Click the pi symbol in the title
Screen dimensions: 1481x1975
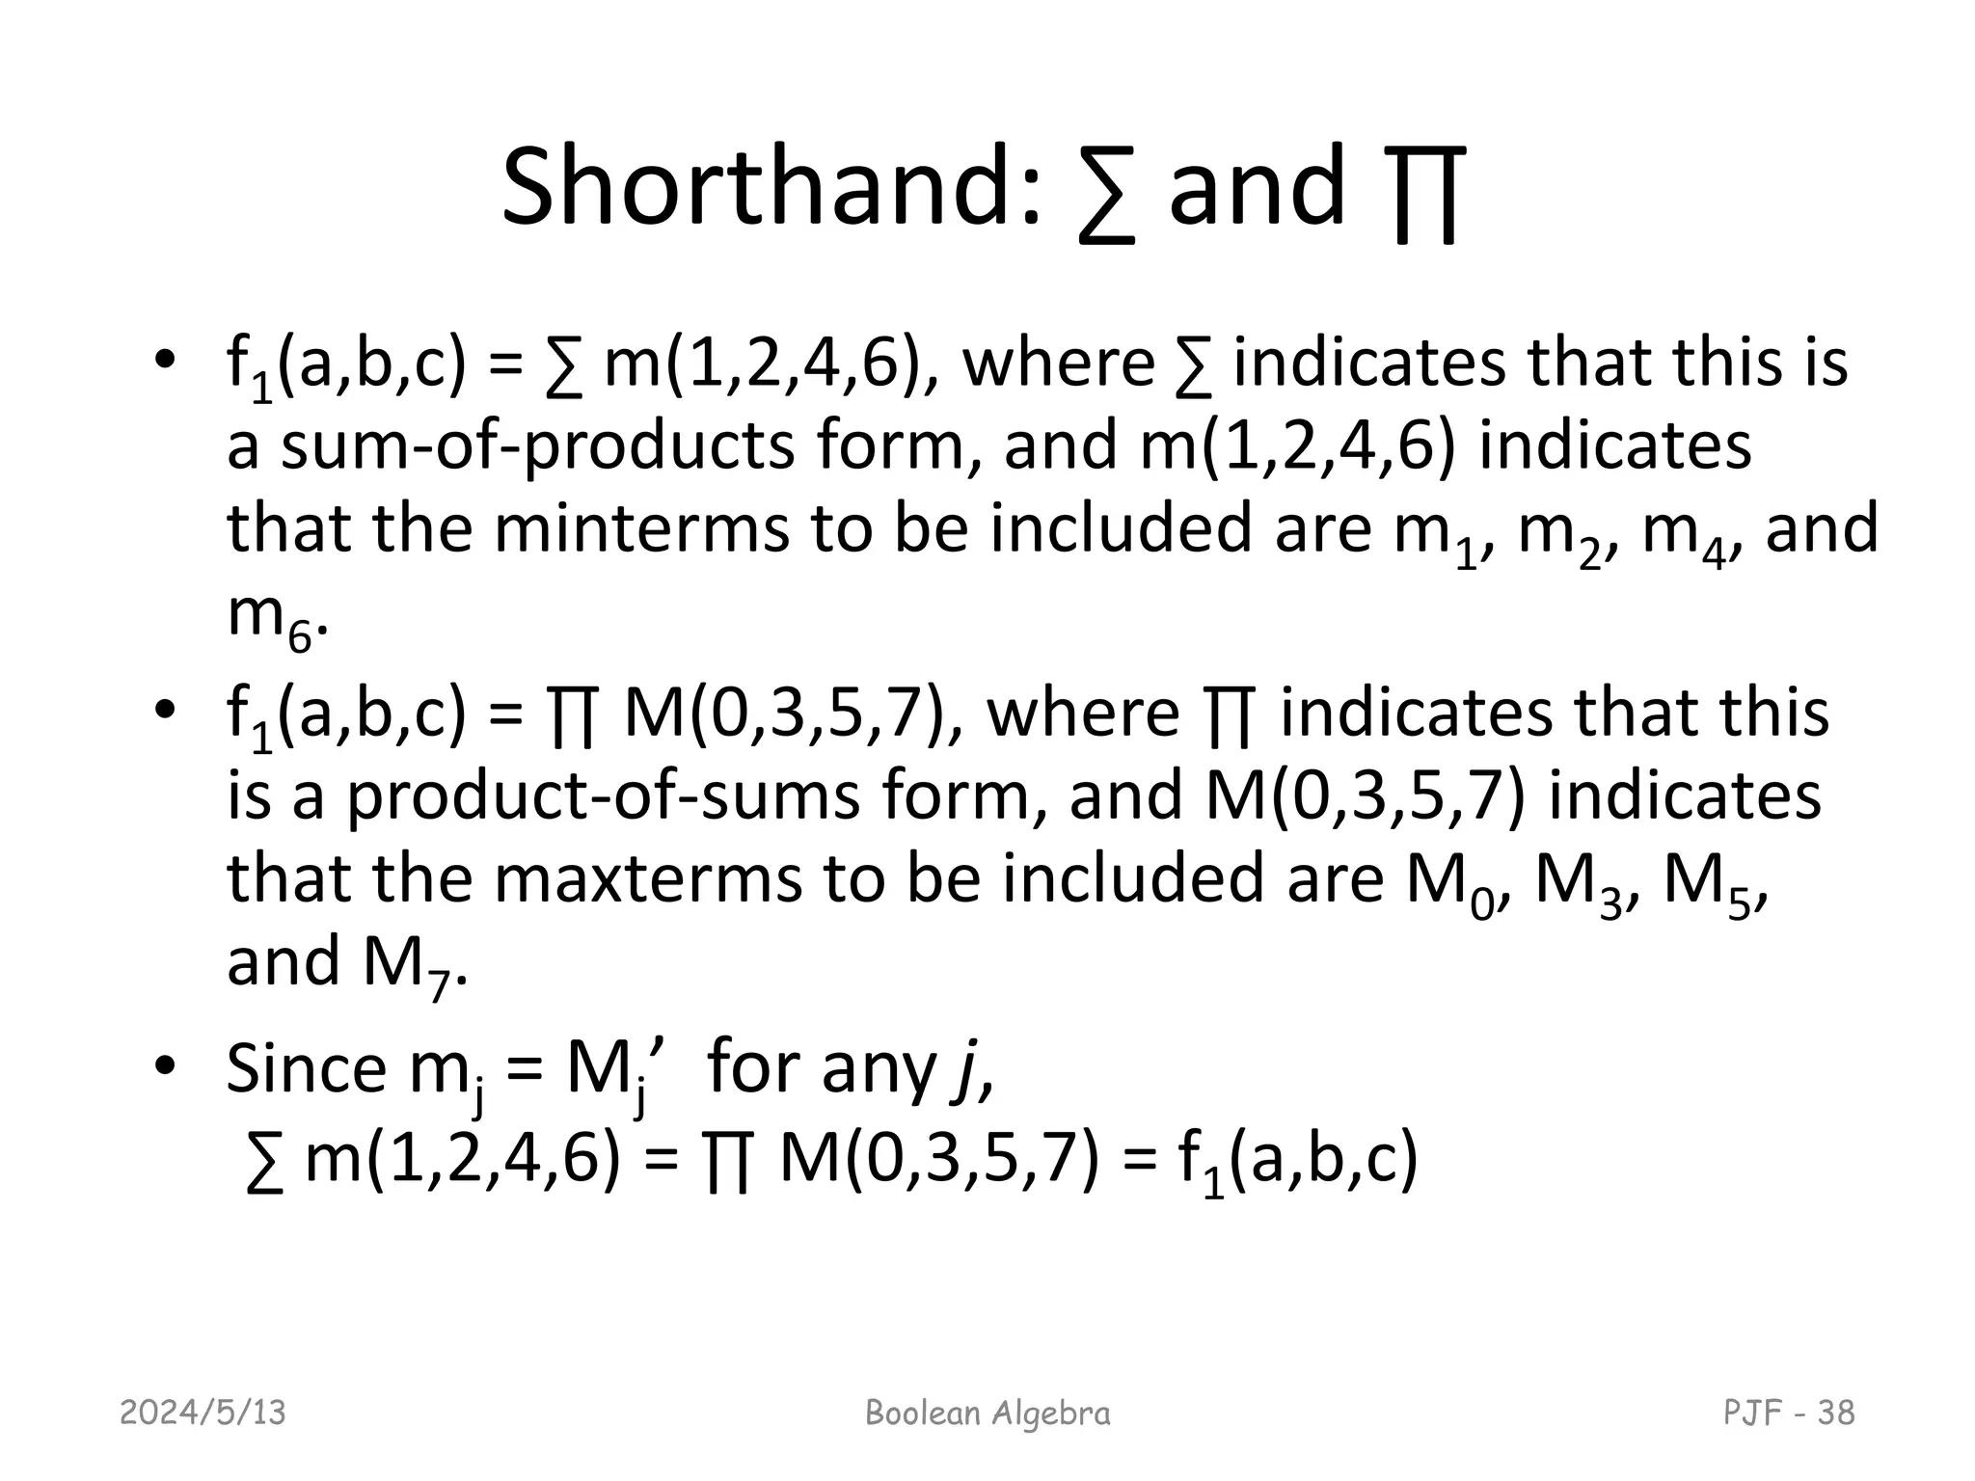[1427, 193]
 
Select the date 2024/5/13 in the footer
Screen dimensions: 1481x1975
[203, 1413]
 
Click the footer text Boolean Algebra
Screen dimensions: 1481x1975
[987, 1413]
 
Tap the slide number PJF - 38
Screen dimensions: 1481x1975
[1789, 1413]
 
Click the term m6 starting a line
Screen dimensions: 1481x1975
[270, 617]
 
